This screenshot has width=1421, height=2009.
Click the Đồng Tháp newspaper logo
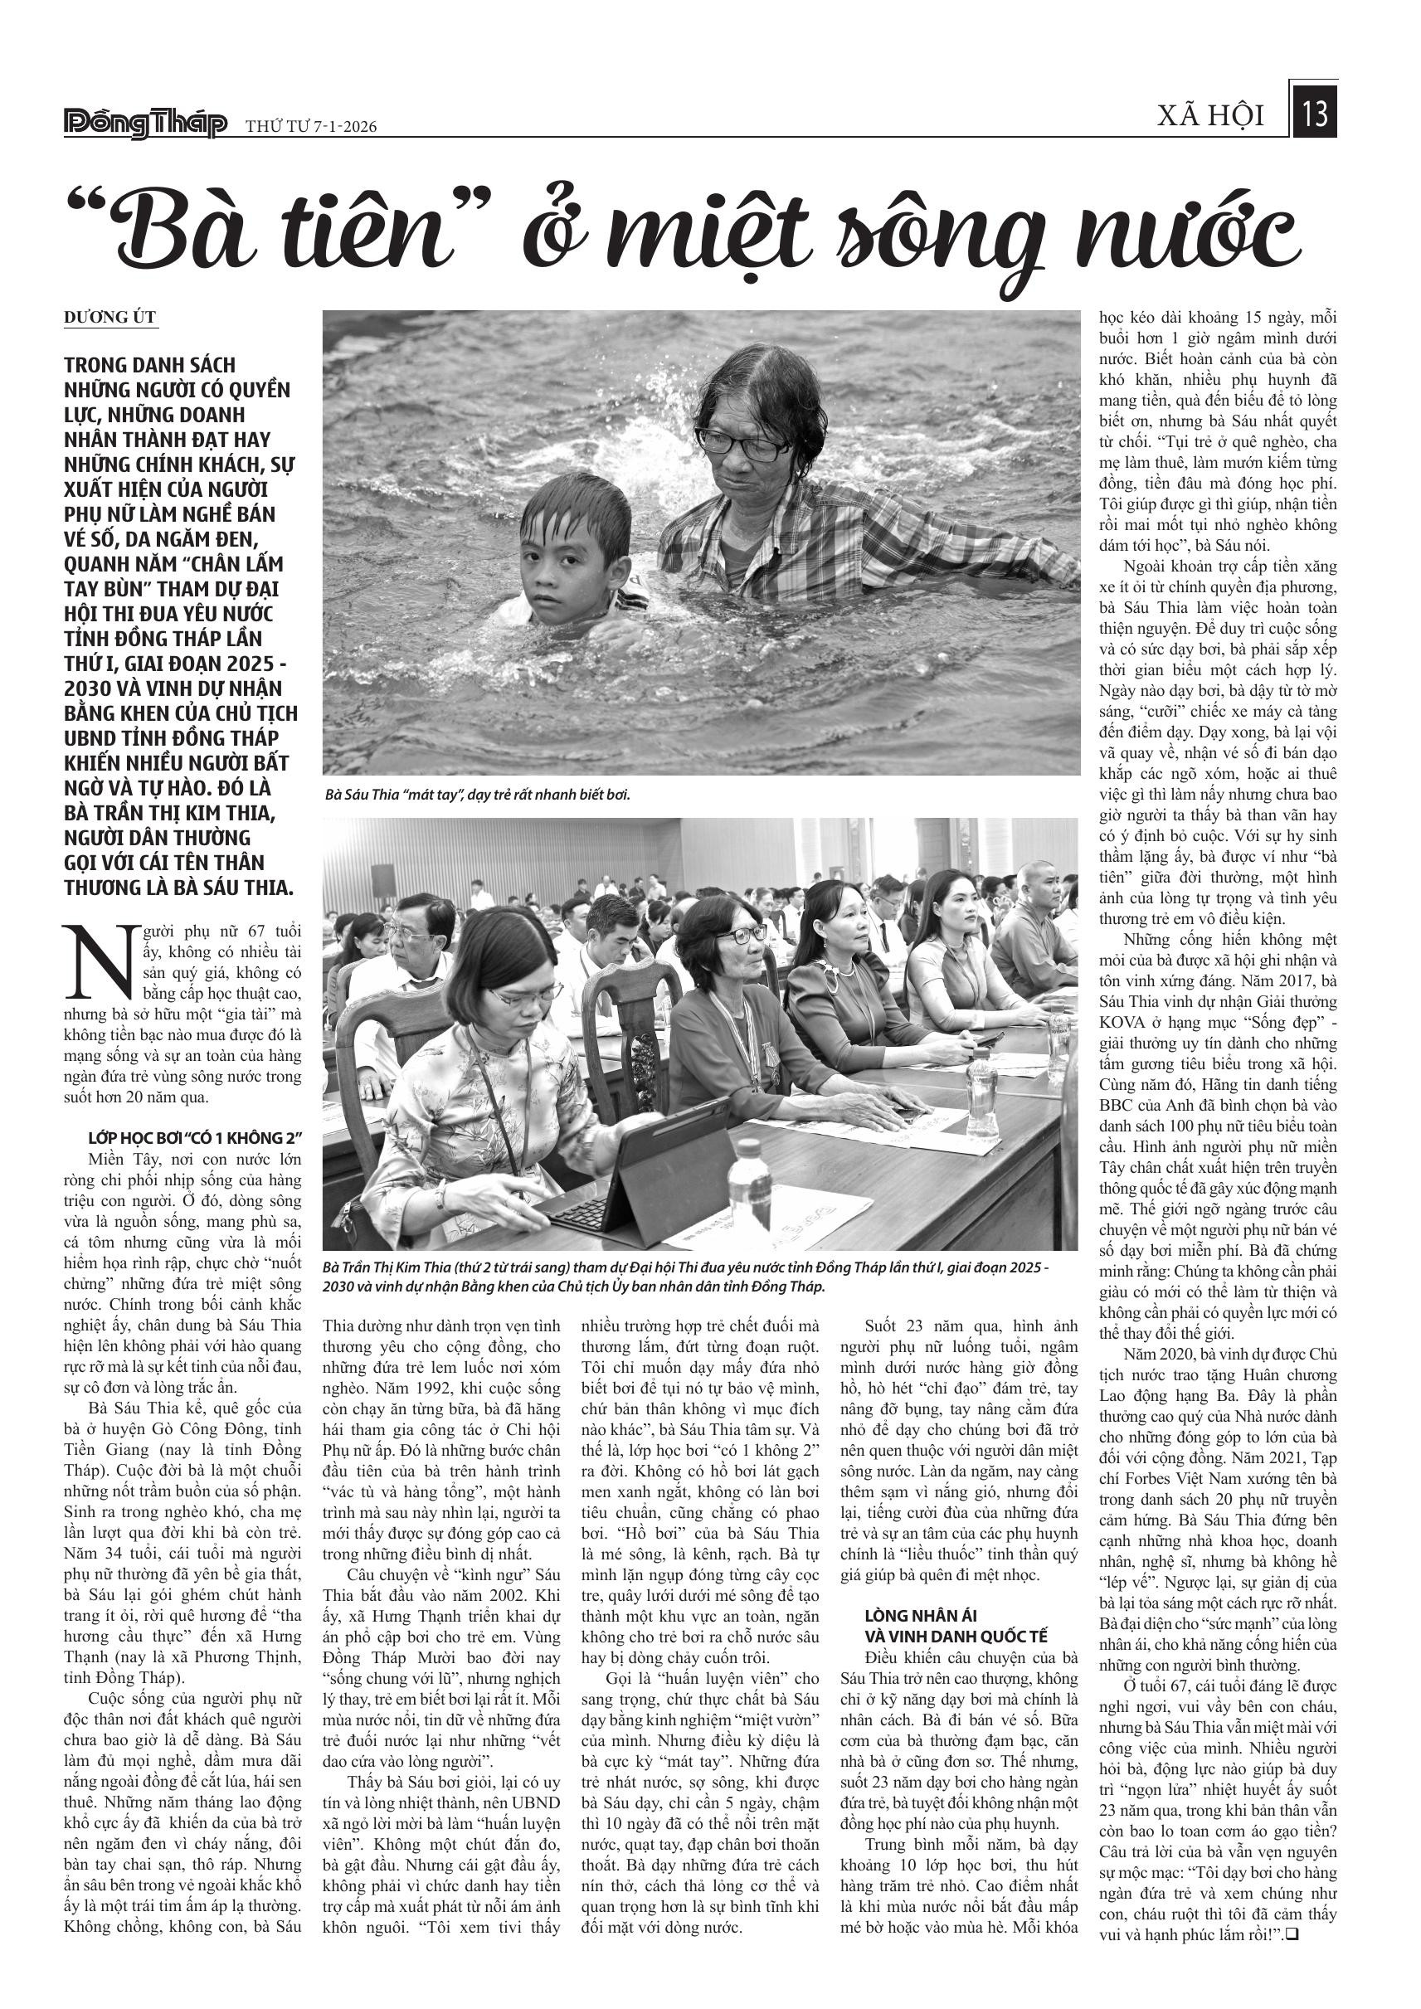(x=145, y=124)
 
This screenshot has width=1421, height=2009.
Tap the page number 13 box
(x=1314, y=114)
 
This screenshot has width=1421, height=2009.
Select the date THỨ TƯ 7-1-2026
(x=310, y=128)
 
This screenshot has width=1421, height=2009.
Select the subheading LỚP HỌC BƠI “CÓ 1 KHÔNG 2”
(x=194, y=1138)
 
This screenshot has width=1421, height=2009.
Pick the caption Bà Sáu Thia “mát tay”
(x=478, y=795)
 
